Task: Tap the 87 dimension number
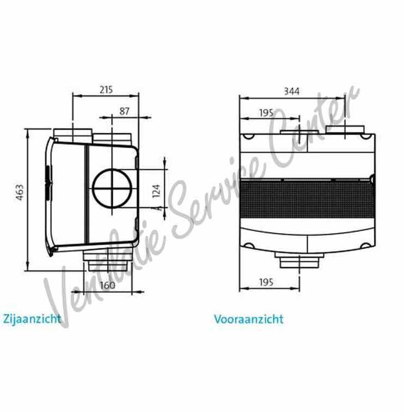point(125,111)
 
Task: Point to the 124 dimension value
point(157,190)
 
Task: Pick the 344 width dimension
point(291,92)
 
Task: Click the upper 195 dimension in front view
point(266,113)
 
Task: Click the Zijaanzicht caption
point(32,318)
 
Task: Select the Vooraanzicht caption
point(249,319)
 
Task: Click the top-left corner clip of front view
point(248,137)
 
